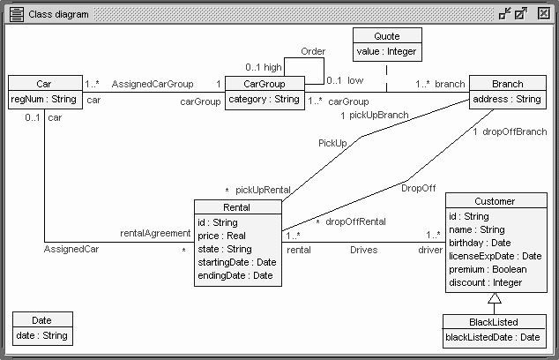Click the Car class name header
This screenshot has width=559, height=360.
pos(44,84)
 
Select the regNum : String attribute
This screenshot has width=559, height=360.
pos(44,100)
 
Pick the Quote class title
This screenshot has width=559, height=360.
pos(386,36)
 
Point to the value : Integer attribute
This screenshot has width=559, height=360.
pos(386,52)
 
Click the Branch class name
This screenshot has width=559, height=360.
pos(507,84)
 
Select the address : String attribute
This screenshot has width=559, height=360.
pos(507,100)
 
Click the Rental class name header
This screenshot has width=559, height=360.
pos(237,207)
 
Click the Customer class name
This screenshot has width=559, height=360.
pos(494,201)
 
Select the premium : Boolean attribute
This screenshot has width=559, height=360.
pos(487,269)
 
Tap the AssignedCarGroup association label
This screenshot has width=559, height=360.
pos(152,84)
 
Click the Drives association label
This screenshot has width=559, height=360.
pos(363,251)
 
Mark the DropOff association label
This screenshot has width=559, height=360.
pos(418,188)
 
